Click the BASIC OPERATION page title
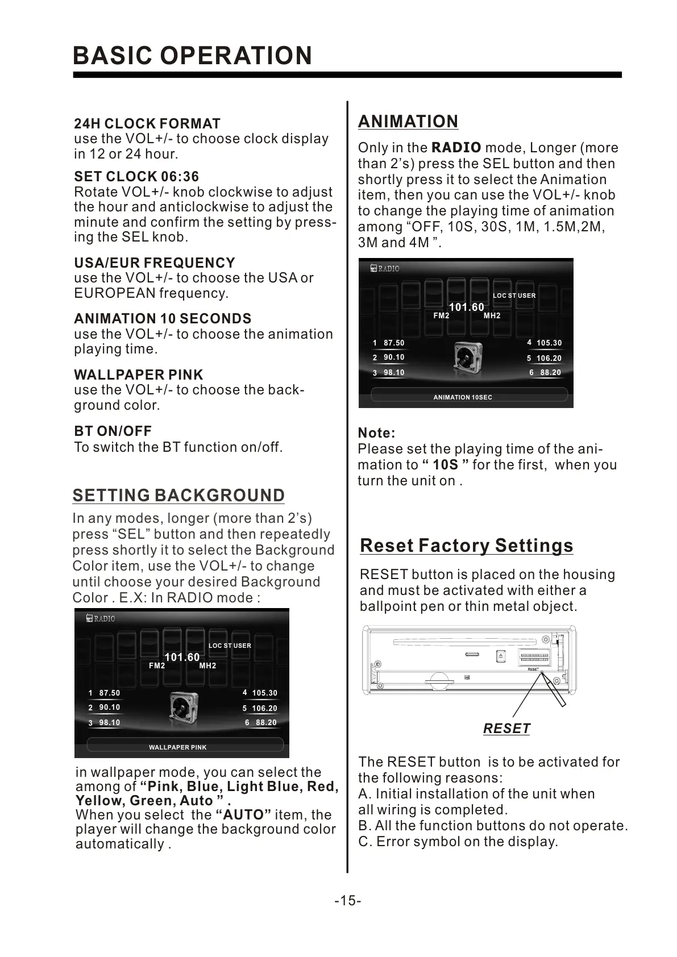coord(193,56)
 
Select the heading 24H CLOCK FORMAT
coord(147,123)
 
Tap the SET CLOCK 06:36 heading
coord(136,177)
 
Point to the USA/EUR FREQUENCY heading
coord(155,263)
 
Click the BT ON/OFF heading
coord(113,431)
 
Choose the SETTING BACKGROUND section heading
coord(178,496)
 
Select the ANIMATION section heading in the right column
coord(408,122)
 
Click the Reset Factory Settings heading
coord(467,546)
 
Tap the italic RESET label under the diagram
coord(506,729)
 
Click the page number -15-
coord(348,901)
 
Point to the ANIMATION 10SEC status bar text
coord(463,397)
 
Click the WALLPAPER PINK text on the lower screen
coord(177,747)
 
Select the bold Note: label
coord(376,433)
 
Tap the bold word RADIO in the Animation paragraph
coord(456,148)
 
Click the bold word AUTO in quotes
coord(244,815)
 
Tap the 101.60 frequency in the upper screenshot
coord(467,307)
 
